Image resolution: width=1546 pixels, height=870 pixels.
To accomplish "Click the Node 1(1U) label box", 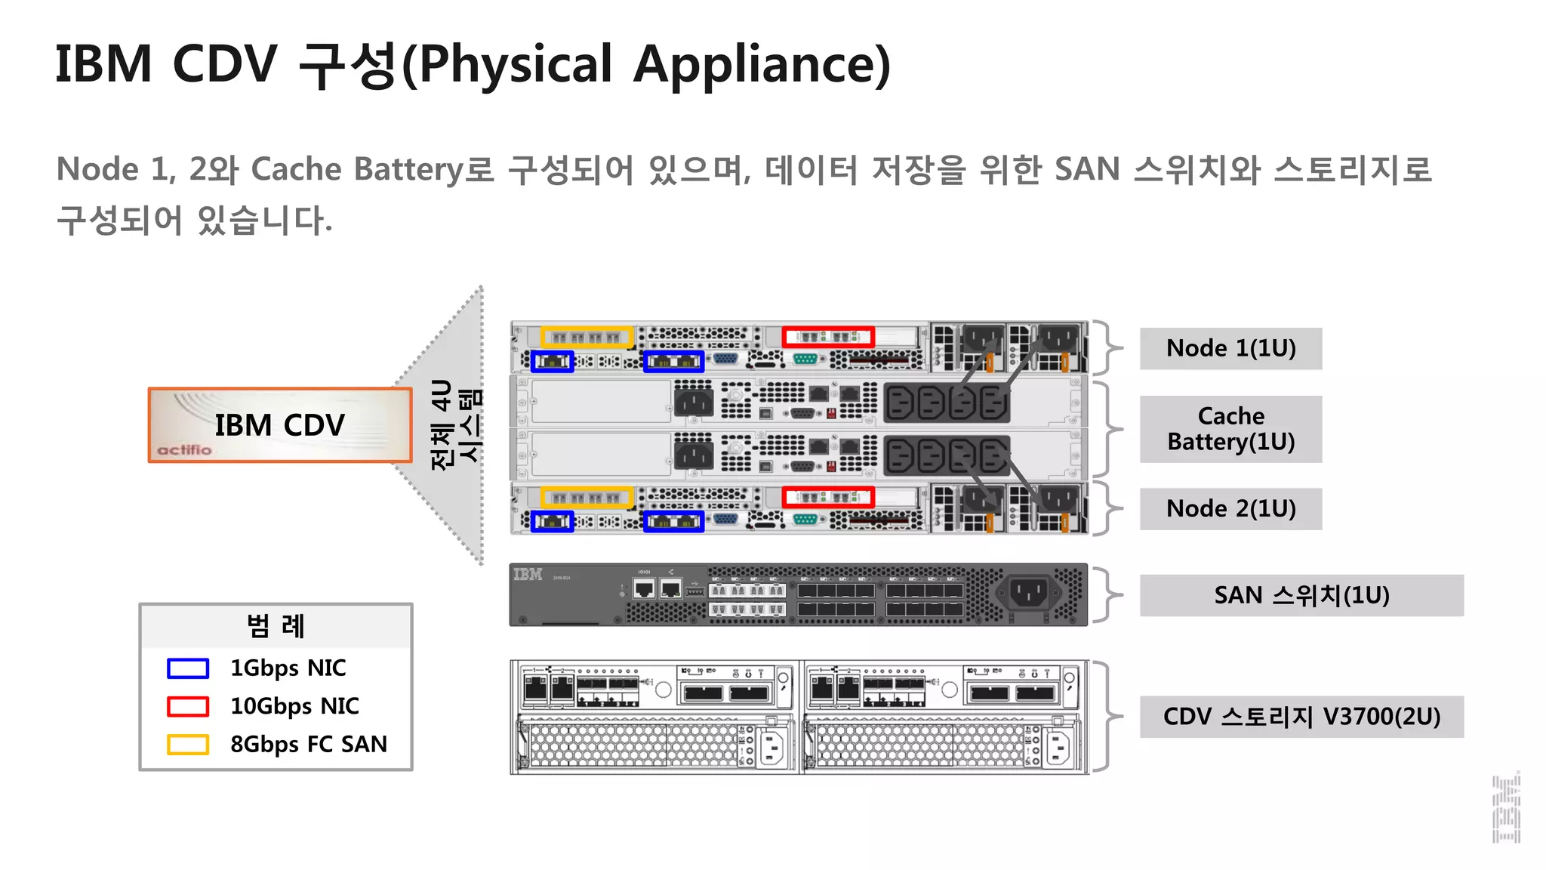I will [1230, 348].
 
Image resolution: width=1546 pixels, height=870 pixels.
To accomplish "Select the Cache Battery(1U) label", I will [1230, 429].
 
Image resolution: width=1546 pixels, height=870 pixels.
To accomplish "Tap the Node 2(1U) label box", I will [1230, 508].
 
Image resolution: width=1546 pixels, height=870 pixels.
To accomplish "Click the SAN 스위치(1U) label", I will [1301, 595].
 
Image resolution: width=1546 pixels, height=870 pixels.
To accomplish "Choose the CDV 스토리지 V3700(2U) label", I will [1301, 716].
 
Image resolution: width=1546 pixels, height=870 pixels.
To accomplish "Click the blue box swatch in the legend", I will [187, 668].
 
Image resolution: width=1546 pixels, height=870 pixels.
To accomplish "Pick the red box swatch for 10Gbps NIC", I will [187, 706].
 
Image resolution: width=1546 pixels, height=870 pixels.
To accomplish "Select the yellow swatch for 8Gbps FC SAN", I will [187, 745].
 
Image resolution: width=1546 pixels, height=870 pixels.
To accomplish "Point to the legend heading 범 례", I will [276, 626].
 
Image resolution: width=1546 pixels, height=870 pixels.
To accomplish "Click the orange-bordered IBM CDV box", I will [280, 424].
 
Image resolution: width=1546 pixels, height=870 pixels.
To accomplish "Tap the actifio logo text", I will [184, 450].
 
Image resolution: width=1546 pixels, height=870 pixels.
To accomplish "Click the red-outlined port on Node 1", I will [828, 337].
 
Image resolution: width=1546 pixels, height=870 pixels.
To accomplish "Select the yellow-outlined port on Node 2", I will [587, 498].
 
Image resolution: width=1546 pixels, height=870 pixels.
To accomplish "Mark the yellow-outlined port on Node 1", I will [587, 337].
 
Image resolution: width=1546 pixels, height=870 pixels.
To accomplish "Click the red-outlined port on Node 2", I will [828, 498].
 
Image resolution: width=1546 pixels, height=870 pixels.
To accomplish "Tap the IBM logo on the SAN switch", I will [528, 575].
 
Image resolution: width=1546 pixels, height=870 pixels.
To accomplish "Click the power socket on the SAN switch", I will [1028, 593].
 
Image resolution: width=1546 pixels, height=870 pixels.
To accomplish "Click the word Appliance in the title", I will [762, 65].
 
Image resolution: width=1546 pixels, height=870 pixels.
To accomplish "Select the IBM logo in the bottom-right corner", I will [1506, 808].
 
